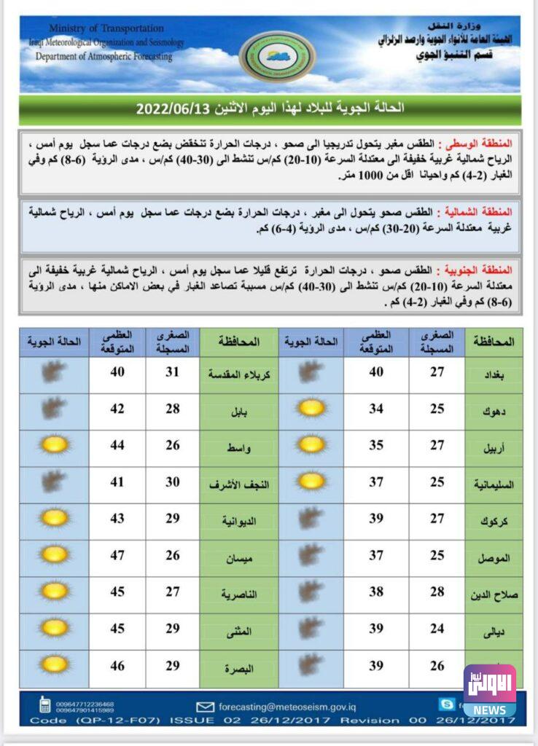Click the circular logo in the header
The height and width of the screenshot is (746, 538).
tap(278, 55)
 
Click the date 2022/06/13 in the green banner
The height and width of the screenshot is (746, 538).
tap(173, 109)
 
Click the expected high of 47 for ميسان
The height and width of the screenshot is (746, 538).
tap(117, 557)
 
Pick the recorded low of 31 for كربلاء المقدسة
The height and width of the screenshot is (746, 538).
tap(173, 372)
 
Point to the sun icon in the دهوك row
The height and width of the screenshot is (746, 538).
tap(311, 409)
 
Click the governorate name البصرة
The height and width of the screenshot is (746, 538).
tap(239, 669)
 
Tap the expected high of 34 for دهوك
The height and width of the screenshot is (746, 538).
tap(376, 409)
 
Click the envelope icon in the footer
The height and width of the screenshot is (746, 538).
tap(205, 706)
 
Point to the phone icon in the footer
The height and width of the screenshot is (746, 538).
tap(44, 705)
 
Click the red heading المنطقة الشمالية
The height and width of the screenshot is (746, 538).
tap(483, 212)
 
